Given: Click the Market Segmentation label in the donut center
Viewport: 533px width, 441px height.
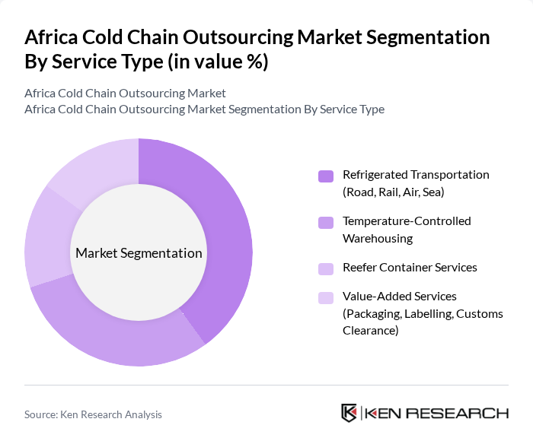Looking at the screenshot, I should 139,253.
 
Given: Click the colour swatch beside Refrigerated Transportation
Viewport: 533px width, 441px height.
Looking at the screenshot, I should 326,176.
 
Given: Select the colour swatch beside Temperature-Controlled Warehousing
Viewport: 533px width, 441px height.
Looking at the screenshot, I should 326,223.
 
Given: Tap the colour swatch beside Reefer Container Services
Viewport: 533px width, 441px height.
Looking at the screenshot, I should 326,268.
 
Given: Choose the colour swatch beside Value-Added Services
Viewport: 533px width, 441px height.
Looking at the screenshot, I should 326,297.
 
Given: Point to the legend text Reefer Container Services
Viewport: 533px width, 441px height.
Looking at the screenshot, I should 410,268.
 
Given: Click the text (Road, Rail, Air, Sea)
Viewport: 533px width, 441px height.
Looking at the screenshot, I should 393,192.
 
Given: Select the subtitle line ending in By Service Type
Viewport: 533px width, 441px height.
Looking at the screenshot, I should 204,109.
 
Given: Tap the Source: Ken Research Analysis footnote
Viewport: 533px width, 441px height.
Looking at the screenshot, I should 93,414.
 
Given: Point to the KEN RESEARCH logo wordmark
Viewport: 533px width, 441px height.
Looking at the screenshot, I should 437,414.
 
